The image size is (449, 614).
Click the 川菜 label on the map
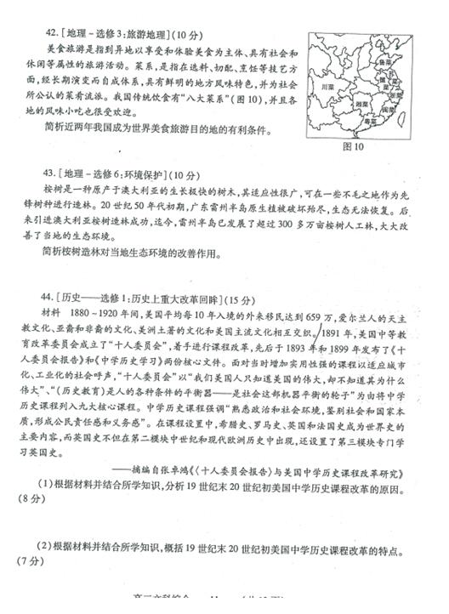point(328,87)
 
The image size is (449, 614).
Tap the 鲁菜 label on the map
point(384,63)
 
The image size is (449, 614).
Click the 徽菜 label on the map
point(380,82)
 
